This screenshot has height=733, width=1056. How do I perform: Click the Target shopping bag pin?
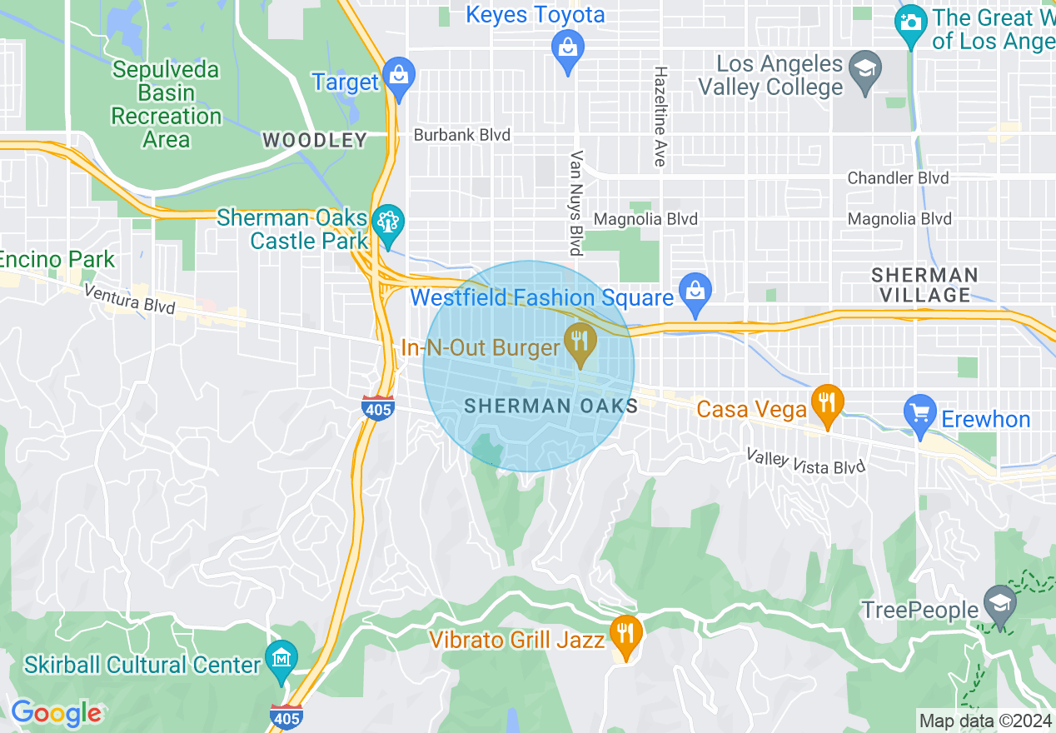click(x=399, y=78)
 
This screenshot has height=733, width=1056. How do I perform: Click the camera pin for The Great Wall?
click(x=911, y=23)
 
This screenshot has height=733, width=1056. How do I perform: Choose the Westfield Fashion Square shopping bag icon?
click(x=695, y=290)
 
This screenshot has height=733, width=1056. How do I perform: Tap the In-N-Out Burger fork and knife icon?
click(x=580, y=342)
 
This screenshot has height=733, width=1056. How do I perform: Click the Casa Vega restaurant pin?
click(x=826, y=403)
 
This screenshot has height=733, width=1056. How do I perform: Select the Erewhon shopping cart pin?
click(x=920, y=413)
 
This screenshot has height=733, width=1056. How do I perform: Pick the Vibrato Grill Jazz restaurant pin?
click(x=624, y=633)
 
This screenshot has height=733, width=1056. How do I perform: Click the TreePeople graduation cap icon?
click(x=999, y=604)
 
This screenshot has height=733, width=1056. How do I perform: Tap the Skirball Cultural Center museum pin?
click(x=281, y=659)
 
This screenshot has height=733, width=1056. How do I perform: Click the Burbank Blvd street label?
click(x=462, y=135)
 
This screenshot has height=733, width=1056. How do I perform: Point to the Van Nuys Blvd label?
click(x=575, y=202)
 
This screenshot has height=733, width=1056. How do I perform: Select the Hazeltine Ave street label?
click(x=660, y=117)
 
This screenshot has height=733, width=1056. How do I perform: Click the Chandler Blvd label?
click(x=898, y=178)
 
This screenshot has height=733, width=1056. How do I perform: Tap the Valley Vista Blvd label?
click(x=805, y=461)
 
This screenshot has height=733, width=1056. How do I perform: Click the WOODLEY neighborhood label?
click(x=315, y=140)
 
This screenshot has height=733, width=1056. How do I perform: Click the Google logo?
click(x=56, y=713)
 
